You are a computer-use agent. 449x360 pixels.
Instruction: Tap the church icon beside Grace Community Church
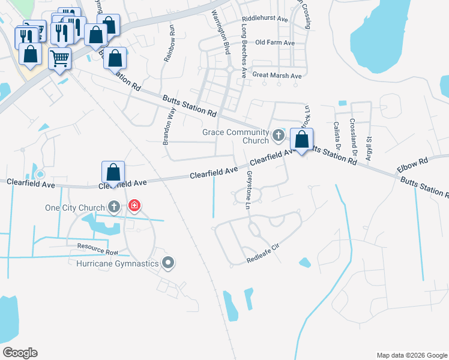coord(278,136)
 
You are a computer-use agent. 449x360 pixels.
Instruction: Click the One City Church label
coord(75,208)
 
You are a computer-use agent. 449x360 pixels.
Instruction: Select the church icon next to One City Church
coord(113,208)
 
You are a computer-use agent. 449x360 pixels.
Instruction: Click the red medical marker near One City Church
coord(134,207)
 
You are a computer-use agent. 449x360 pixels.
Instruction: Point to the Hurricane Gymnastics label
coord(118,263)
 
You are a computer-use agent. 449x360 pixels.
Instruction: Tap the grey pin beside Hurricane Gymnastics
coord(168,263)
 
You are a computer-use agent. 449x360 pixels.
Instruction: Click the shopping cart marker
coord(60,59)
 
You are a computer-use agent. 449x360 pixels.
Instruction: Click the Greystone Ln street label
coord(249,189)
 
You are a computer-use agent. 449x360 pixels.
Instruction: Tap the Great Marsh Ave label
coord(277,76)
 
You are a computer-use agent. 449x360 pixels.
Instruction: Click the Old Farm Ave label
coord(275,43)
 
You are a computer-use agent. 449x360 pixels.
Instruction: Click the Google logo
coord(20,353)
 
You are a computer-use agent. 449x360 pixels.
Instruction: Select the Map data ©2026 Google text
coord(411,355)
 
